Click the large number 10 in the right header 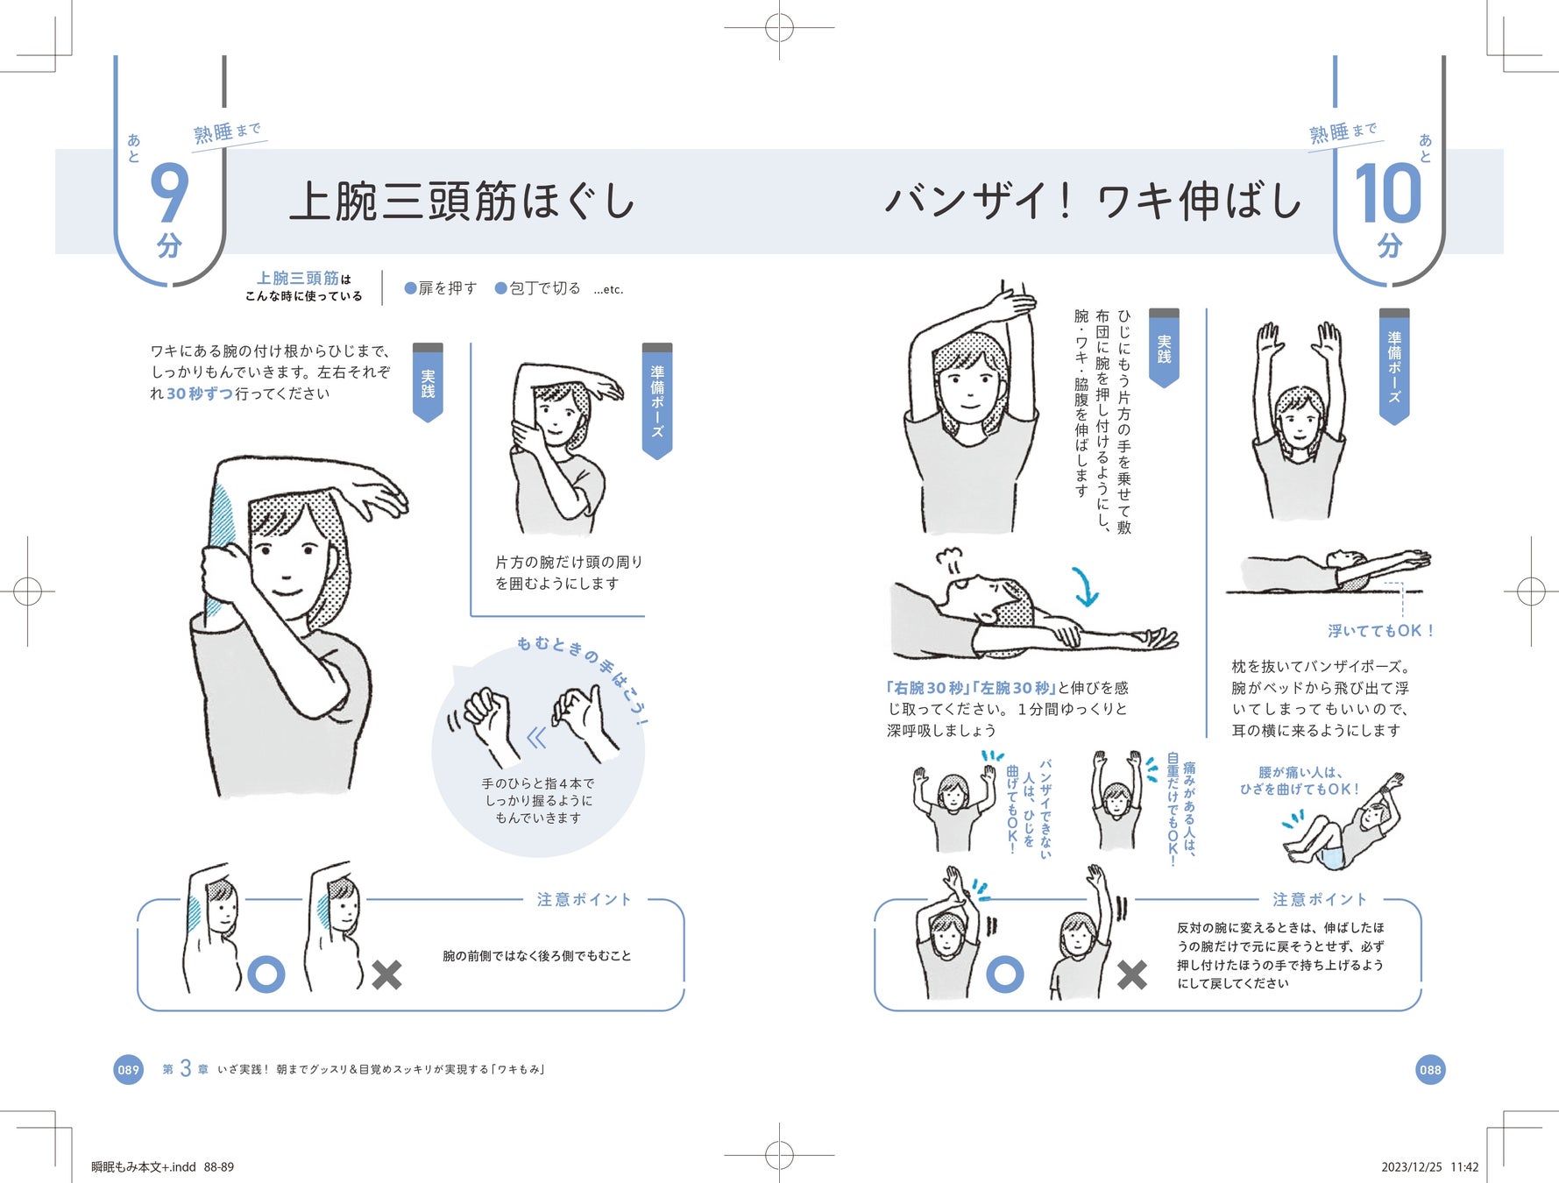[x=1387, y=194]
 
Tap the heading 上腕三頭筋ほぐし [x=462, y=202]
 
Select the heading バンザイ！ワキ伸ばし [x=1093, y=202]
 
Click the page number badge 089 [x=129, y=1069]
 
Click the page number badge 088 [x=1429, y=1069]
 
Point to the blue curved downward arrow [x=1086, y=586]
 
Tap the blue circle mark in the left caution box [x=266, y=974]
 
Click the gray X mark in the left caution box [x=386, y=974]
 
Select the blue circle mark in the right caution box [x=1004, y=974]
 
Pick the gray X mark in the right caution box [x=1131, y=974]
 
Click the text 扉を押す [x=447, y=288]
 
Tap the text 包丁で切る [x=544, y=288]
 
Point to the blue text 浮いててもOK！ [x=1380, y=631]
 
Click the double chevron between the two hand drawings [x=536, y=738]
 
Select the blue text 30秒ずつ [x=200, y=394]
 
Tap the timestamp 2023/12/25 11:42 [x=1429, y=1166]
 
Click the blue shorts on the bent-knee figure [x=1331, y=858]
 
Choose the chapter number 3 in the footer [x=186, y=1068]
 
